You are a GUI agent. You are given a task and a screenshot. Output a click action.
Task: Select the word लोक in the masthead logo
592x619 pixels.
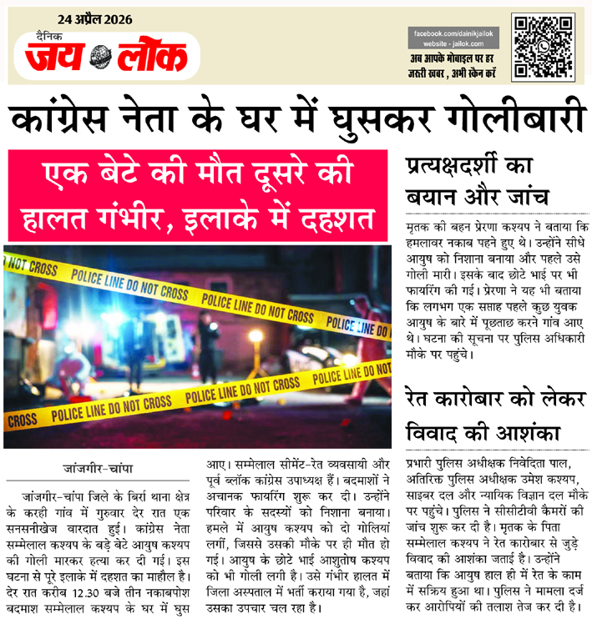[x=151, y=58]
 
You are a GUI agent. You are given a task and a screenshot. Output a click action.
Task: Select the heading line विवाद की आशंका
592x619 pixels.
[x=478, y=434]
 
